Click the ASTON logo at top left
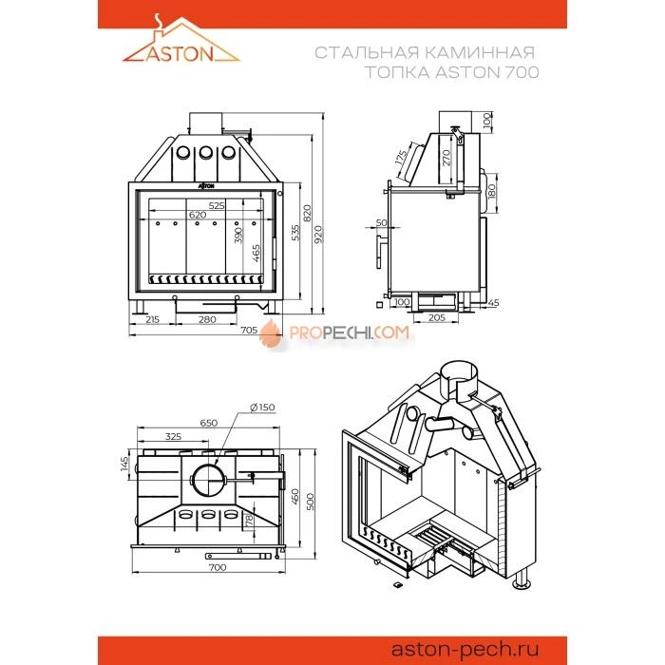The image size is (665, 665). click(x=181, y=39)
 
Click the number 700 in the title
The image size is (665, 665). click(x=522, y=72)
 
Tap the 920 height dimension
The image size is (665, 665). click(x=319, y=234)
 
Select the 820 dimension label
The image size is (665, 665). click(x=308, y=214)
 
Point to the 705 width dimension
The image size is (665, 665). click(x=249, y=330)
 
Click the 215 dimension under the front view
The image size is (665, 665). click(x=152, y=319)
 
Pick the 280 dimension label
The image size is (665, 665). click(x=207, y=319)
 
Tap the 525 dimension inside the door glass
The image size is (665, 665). click(x=217, y=205)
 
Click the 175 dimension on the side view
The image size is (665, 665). click(x=401, y=158)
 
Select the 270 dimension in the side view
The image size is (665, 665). click(x=446, y=158)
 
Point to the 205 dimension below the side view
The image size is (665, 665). click(x=436, y=317)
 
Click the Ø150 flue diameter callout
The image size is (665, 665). click(x=262, y=408)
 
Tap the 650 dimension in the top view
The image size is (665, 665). click(x=209, y=423)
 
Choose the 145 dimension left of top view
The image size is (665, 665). click(x=124, y=464)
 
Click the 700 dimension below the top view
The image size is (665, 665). click(x=218, y=567)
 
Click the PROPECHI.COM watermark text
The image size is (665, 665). click(x=350, y=332)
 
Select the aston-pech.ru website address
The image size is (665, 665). click(x=465, y=649)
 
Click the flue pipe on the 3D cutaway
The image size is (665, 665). click(x=458, y=376)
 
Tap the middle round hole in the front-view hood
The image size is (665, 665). click(x=206, y=152)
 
